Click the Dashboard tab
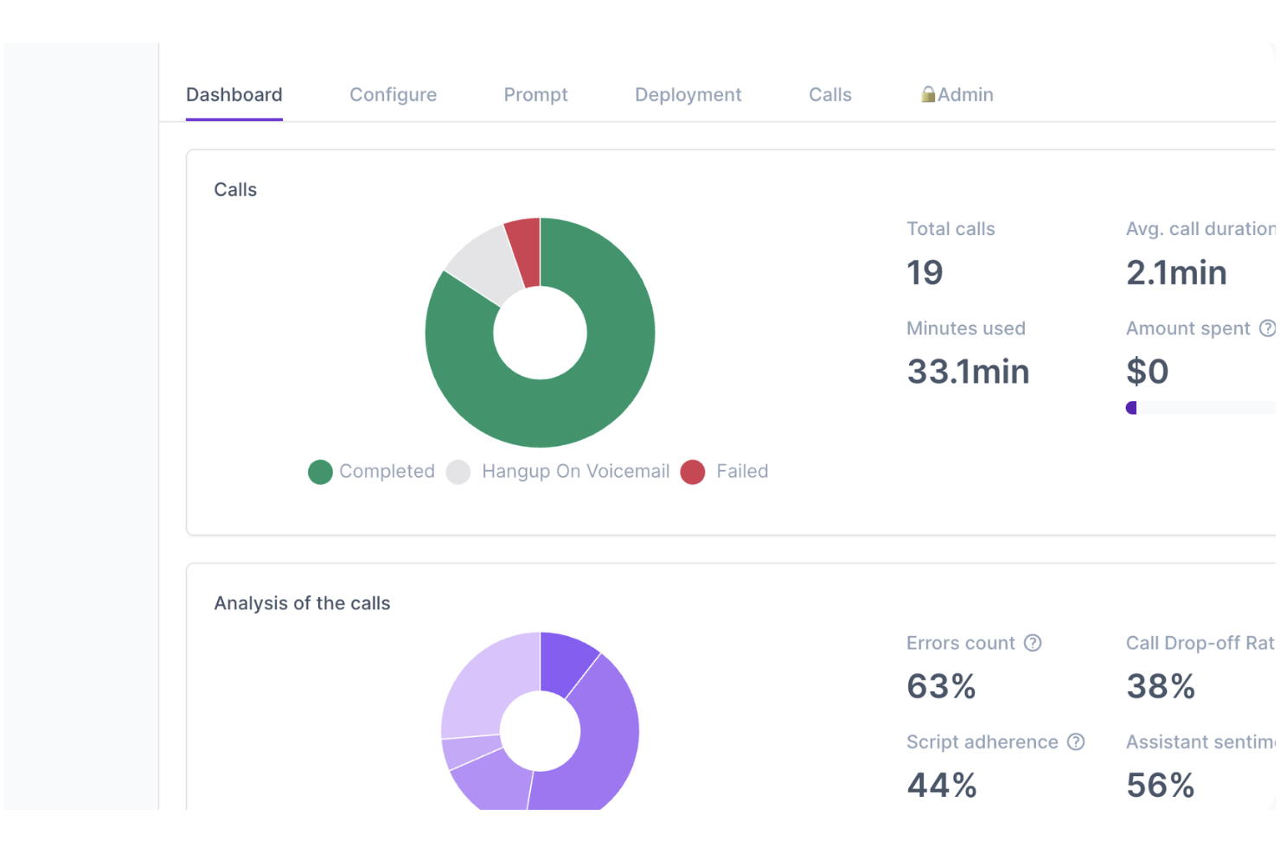click(x=234, y=95)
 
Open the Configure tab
click(x=393, y=95)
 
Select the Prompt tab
click(x=535, y=95)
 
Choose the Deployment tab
click(x=688, y=95)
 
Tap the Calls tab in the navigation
click(x=829, y=95)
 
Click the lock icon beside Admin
click(x=927, y=94)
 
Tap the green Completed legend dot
click(x=320, y=472)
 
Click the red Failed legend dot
click(x=692, y=472)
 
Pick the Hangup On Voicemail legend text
click(x=575, y=472)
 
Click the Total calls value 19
click(x=925, y=273)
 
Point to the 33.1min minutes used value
click(x=967, y=372)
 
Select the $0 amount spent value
click(x=1147, y=372)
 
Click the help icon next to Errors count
click(x=1033, y=643)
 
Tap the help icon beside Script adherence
click(x=1076, y=742)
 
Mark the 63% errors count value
click(x=941, y=687)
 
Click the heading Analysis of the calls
click(x=302, y=603)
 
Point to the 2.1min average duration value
click(x=1176, y=273)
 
